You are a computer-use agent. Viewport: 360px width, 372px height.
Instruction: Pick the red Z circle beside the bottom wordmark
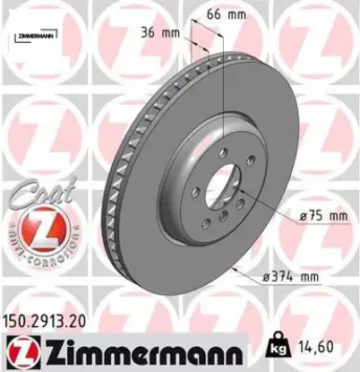point(16,350)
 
